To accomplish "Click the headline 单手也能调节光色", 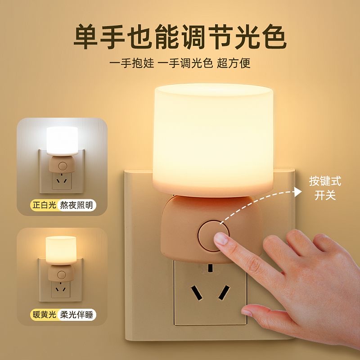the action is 180,37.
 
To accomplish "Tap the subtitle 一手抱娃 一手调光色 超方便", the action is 180,63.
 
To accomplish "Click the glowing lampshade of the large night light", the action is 213,140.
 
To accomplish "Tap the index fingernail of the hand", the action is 221,239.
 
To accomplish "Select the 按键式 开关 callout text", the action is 325,188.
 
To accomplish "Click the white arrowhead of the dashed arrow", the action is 298,192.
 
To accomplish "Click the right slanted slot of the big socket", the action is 224,292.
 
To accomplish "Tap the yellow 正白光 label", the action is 45,205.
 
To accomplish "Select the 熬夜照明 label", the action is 76,205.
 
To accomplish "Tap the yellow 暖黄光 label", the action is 45,315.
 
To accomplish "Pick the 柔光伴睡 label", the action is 76,315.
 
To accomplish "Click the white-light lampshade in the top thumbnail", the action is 62,141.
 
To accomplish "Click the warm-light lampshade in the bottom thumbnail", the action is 61,250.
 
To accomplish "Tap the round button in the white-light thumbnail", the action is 63,166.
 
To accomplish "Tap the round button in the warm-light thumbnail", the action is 62,274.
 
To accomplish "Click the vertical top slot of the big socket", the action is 210,268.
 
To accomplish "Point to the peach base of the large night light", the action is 211,229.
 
